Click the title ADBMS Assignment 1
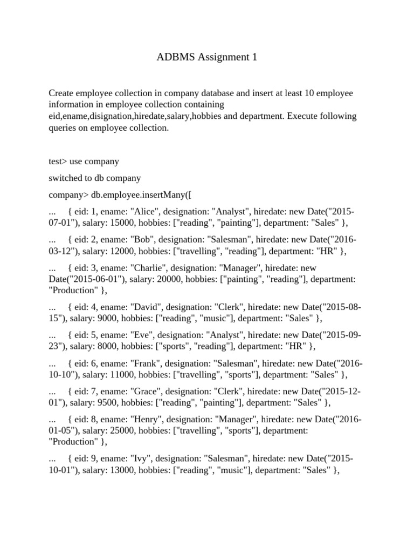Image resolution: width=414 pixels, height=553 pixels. (x=207, y=57)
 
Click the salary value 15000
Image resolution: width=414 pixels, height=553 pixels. (x=111, y=222)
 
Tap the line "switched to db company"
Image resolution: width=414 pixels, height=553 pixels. (x=94, y=178)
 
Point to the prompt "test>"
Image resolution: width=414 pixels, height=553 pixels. (x=58, y=161)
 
